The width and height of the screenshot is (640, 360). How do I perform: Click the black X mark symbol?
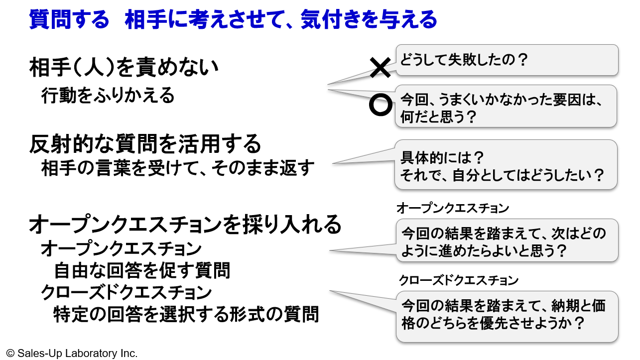[381, 68]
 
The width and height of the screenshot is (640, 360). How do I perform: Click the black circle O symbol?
[381, 104]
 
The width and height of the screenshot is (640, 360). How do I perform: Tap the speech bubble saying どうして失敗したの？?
[507, 60]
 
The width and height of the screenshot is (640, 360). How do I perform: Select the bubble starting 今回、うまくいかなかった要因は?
[507, 106]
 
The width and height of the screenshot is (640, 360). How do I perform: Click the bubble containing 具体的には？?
[507, 164]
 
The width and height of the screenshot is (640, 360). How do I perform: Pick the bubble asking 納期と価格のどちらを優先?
[507, 316]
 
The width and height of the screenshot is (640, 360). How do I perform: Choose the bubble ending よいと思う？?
[507, 241]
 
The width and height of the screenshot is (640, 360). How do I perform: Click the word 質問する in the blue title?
[69, 20]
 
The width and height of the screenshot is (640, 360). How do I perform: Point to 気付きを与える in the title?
[369, 20]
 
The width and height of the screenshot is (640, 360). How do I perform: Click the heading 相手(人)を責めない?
[124, 68]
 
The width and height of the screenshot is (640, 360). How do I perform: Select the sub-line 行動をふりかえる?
[108, 95]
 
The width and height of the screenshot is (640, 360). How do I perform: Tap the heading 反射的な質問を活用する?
[145, 144]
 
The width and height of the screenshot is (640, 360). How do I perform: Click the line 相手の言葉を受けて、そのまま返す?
[178, 169]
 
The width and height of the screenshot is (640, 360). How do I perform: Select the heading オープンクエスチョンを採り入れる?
[185, 224]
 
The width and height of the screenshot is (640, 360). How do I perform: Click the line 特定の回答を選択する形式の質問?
[186, 314]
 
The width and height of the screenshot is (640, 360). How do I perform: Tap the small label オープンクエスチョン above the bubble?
[453, 208]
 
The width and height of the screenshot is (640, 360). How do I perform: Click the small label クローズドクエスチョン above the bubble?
[458, 280]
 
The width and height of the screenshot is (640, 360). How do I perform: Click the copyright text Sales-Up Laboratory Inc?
[72, 353]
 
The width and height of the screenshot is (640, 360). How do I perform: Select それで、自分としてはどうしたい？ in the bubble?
[503, 175]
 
